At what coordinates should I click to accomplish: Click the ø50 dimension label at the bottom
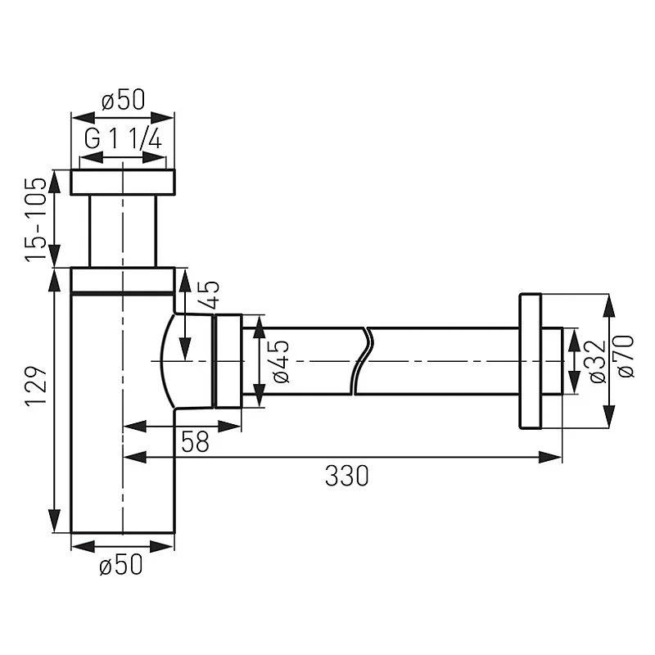click(121, 564)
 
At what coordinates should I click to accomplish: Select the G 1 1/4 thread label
click(123, 139)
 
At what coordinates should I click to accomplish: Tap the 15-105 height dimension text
click(34, 219)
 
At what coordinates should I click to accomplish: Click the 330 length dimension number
click(346, 477)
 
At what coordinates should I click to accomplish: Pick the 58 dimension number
click(194, 442)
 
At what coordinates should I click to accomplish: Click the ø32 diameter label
click(596, 360)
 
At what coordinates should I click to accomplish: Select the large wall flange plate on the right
click(530, 360)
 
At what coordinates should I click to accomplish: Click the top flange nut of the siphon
click(123, 182)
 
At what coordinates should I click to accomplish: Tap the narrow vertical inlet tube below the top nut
click(123, 230)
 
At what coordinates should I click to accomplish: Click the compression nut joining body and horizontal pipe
click(227, 360)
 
